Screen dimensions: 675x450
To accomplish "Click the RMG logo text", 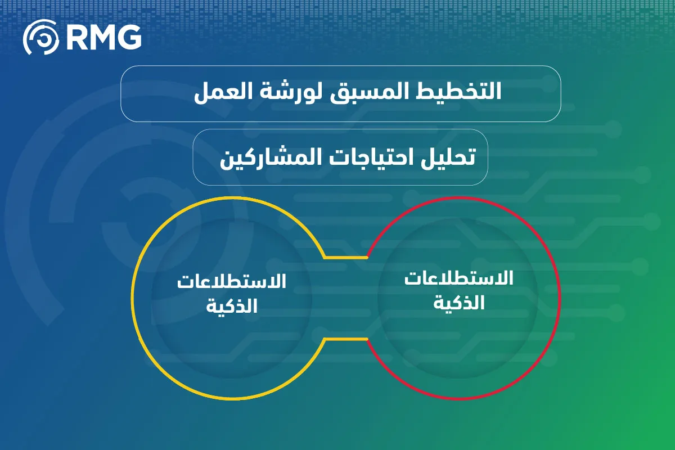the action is [103, 37].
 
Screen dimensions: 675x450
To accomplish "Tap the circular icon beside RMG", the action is [40, 37].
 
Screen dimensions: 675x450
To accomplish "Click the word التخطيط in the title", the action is [458, 91].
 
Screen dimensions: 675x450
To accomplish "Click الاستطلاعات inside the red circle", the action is [458, 278].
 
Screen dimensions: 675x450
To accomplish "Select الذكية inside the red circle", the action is [458, 302].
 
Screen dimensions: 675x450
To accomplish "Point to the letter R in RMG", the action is [75, 38].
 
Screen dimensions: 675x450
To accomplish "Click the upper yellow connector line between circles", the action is [345, 258].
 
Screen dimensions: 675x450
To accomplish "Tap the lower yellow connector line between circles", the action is [345, 339].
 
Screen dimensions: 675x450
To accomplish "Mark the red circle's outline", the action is [560, 298].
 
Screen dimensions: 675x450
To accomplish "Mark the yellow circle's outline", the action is [132, 298].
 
